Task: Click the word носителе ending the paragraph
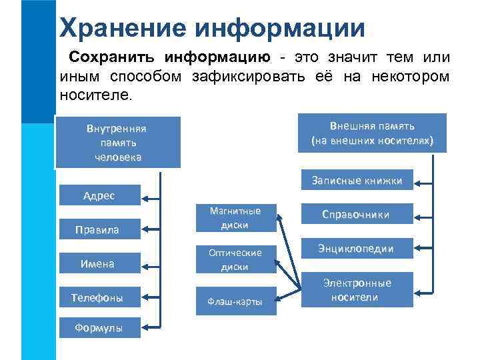point(96,95)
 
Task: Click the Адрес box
point(99,195)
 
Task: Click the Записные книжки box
point(357,180)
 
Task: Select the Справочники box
point(357,215)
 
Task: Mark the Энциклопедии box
point(357,249)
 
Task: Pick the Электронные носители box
point(357,290)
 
